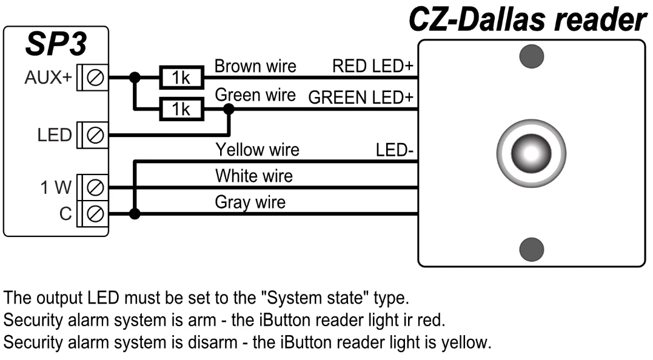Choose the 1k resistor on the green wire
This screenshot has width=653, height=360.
pos(180,109)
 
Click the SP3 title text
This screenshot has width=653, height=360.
pos(56,44)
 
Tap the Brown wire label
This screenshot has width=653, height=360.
pos(255,66)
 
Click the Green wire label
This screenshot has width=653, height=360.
pos(255,95)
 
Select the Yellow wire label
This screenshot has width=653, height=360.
pos(257,149)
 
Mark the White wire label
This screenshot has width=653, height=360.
pos(253,176)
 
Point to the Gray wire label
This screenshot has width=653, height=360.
pos(250,202)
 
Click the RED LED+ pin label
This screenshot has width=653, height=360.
pos(372,66)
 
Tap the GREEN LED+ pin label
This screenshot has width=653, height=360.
pos(360,98)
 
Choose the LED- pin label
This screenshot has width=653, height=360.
pos(394,150)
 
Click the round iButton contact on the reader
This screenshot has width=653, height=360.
pos(531,152)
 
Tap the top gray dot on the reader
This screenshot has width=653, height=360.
pos(532,56)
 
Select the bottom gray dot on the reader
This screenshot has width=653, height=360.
pos(532,248)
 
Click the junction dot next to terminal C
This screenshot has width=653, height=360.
pos(135,213)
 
